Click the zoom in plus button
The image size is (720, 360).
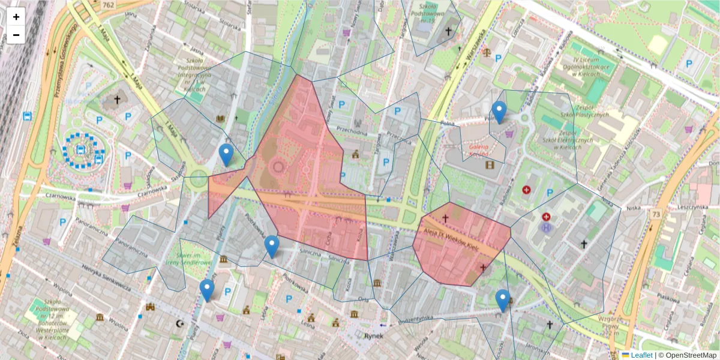point(16,17)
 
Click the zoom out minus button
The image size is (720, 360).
point(16,35)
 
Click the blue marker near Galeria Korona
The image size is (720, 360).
point(499,112)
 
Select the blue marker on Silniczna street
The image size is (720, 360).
point(272,246)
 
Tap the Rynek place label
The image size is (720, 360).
point(373,336)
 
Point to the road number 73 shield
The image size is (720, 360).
point(657,214)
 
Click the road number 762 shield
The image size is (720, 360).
point(108,5)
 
